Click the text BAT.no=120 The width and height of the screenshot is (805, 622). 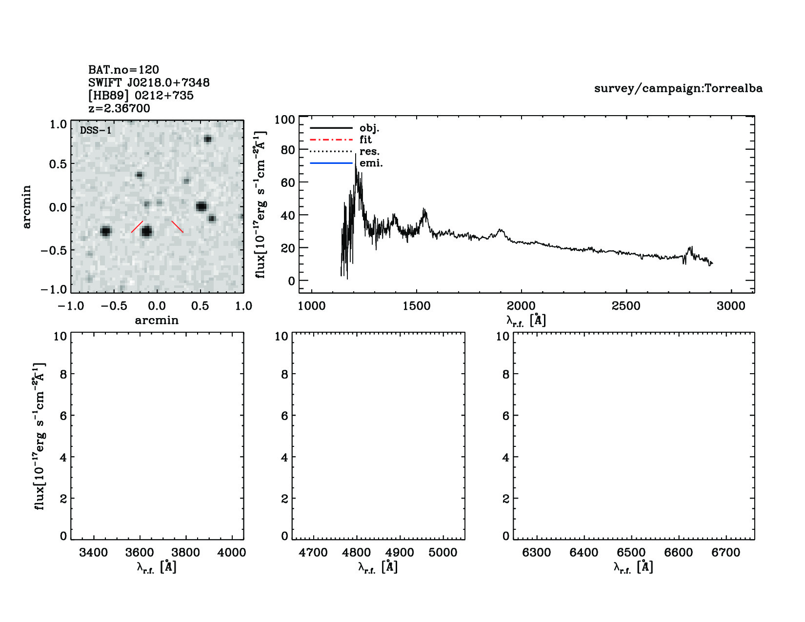click(123, 70)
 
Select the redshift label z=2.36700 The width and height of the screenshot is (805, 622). click(119, 108)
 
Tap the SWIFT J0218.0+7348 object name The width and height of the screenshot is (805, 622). click(149, 83)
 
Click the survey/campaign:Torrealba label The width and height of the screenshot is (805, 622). click(678, 88)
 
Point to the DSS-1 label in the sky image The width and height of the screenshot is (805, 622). click(96, 131)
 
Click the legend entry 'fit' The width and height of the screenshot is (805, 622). click(365, 140)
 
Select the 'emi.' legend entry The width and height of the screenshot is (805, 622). click(371, 163)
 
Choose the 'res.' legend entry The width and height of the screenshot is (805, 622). click(369, 152)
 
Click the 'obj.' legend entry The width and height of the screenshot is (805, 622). click(369, 128)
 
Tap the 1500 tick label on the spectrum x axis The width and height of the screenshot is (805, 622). click(416, 306)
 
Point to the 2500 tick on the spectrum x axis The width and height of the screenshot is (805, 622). click(626, 306)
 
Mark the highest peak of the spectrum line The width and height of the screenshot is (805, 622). click(356, 155)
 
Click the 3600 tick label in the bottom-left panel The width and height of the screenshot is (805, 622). click(140, 553)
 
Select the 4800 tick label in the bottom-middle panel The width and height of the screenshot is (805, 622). click(357, 553)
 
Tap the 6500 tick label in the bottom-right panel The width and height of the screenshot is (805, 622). click(631, 553)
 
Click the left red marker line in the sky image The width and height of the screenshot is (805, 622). click(137, 227)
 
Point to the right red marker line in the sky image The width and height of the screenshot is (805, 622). click(178, 226)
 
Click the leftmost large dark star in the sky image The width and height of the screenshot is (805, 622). click(105, 231)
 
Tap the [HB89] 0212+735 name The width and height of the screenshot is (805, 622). click(141, 96)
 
